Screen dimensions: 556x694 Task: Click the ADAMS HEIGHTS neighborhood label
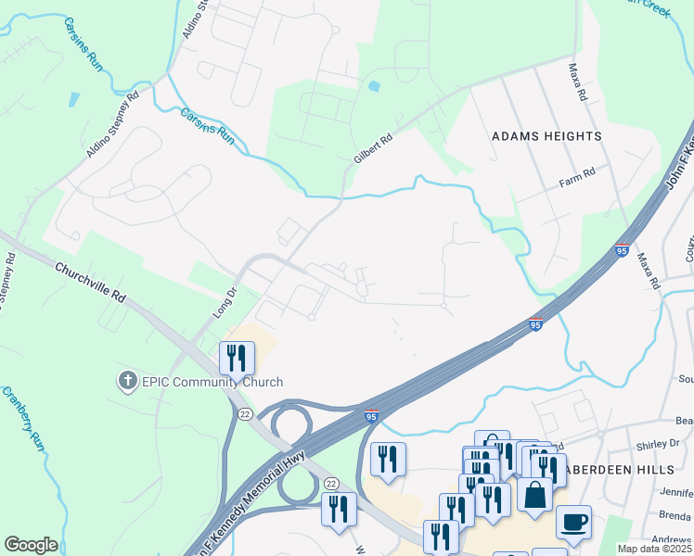(x=546, y=136)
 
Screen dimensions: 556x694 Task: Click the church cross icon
(x=127, y=380)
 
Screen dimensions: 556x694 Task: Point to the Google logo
(x=31, y=545)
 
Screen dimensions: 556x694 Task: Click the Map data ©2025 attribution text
(x=655, y=549)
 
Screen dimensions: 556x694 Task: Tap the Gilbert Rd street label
(x=373, y=148)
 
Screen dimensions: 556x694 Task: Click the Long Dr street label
(x=226, y=302)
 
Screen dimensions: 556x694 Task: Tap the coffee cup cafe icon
(x=573, y=522)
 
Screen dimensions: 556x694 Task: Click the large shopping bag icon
(x=535, y=494)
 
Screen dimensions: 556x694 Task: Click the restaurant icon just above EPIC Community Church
(x=237, y=357)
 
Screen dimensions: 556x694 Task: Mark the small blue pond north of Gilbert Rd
(x=374, y=86)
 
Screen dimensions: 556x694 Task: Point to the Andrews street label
(x=674, y=539)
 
